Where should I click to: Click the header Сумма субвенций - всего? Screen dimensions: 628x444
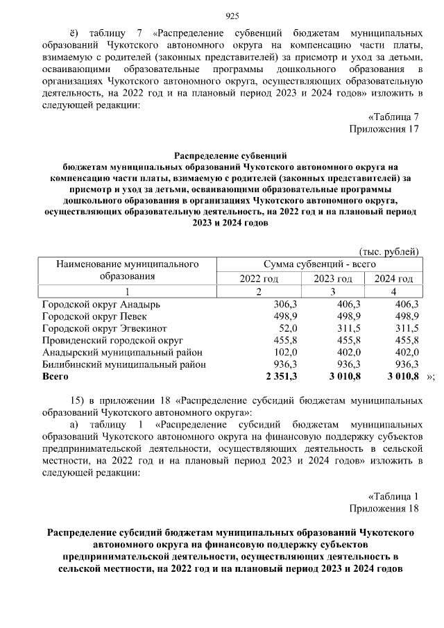319,264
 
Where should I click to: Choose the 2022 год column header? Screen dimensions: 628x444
259,278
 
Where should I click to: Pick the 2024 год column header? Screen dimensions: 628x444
393,278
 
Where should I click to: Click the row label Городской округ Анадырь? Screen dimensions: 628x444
101,305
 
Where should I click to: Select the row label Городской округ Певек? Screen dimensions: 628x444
96,316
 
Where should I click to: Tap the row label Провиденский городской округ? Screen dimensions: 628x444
112,341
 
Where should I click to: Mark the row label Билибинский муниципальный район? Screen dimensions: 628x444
123,365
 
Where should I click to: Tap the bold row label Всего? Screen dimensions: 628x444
55,377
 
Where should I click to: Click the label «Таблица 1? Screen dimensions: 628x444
393,496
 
